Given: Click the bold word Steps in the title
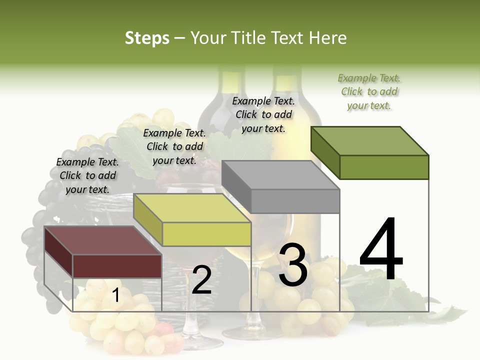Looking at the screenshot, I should (147, 38).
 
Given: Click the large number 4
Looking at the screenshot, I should (381, 250).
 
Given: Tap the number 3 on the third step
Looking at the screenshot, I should (293, 265).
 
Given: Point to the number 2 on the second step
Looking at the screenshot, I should (201, 280).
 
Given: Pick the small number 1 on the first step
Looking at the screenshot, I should (115, 295).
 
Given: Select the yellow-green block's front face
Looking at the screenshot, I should (206, 234).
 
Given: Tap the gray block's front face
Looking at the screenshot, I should (295, 201).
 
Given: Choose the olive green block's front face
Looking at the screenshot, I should (384, 167).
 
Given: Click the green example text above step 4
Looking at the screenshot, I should (369, 91).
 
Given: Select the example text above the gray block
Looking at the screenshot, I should (263, 114).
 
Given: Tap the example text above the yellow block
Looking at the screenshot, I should (174, 146).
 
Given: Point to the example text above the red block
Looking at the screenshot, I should (87, 175).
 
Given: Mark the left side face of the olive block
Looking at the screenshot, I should (325, 153).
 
